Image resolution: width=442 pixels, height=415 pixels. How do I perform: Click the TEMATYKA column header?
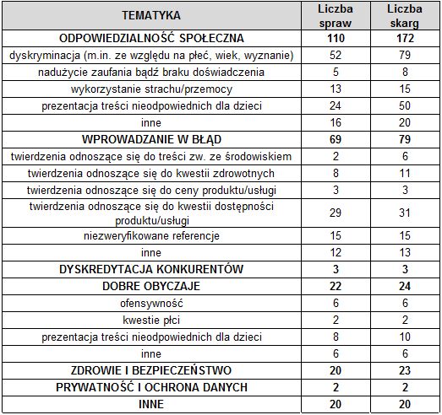(151, 15)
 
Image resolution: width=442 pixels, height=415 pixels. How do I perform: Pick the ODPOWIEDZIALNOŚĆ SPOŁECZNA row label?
(151, 38)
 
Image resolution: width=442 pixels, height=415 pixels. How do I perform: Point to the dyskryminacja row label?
(151, 56)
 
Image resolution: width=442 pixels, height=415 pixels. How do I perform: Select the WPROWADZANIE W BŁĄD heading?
(151, 138)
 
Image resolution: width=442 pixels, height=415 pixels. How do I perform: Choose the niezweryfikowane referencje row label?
(151, 235)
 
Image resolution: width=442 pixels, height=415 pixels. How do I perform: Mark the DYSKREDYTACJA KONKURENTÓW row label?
(151, 269)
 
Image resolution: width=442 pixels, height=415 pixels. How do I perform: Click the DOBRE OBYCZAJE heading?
(151, 286)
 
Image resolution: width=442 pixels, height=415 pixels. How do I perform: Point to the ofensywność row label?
(151, 303)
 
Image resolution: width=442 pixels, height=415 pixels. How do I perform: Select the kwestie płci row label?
(151, 320)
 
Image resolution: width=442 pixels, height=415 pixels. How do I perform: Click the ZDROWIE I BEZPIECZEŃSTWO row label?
(151, 370)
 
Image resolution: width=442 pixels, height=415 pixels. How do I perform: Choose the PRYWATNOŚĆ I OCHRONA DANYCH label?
(151, 387)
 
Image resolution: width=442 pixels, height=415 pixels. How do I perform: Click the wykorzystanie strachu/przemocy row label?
(151, 89)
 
